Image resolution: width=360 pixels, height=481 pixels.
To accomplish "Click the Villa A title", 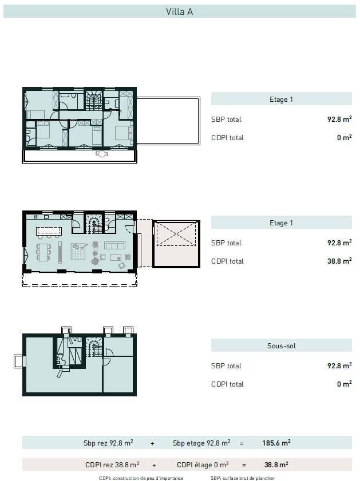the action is (180, 11).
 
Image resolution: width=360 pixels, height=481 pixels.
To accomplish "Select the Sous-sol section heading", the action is (282, 345).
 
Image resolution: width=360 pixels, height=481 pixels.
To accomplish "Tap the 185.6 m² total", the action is (276, 443).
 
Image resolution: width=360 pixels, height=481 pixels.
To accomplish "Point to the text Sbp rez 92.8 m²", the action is (108, 443).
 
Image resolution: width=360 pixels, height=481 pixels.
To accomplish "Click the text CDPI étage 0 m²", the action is (203, 465).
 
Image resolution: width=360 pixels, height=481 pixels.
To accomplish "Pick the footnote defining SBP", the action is (243, 478).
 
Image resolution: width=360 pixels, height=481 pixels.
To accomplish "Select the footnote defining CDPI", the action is (141, 478).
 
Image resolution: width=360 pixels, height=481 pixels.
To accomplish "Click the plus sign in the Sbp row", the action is (153, 444).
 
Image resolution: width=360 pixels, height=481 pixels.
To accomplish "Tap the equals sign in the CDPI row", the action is (244, 466).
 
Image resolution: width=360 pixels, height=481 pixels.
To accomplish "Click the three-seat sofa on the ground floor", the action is (114, 245).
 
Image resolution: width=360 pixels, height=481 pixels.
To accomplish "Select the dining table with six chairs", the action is (43, 252).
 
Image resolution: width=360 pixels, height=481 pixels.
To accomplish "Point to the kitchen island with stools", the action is (49, 232).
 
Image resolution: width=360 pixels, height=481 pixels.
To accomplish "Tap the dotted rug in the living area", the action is (78, 252).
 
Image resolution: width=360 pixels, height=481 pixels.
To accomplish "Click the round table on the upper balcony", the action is (101, 154).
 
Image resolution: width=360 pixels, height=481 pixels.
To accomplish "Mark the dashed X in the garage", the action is (176, 234).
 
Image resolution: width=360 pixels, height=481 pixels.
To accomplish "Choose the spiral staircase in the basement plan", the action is (94, 347).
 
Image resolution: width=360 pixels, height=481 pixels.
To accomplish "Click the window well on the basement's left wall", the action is (19, 361).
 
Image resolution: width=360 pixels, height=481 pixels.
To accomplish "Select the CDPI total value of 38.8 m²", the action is (339, 261).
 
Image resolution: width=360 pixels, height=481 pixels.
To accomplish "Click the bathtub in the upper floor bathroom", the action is (68, 96).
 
